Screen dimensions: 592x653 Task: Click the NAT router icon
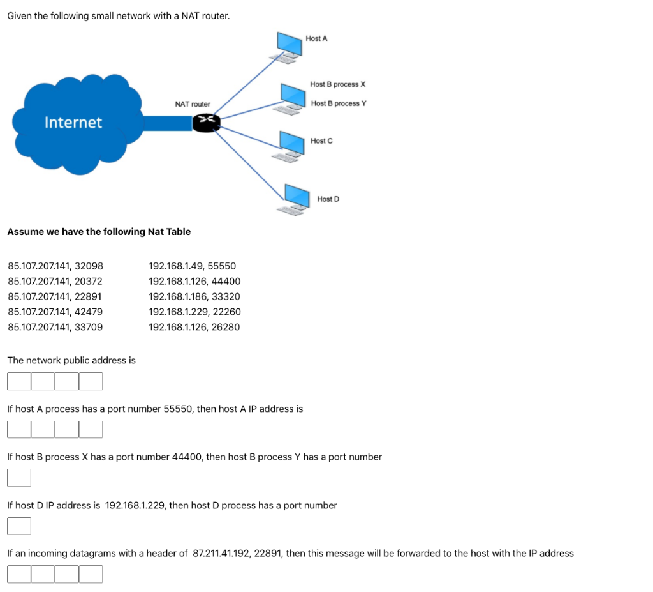(x=206, y=122)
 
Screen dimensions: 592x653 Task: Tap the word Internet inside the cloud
(x=73, y=122)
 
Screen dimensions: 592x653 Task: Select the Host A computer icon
(x=289, y=46)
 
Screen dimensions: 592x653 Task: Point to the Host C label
(x=321, y=140)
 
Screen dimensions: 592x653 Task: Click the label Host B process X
(x=337, y=84)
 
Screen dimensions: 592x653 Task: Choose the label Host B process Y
(x=339, y=103)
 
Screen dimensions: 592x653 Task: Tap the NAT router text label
(x=193, y=103)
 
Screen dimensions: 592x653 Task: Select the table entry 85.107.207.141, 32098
(x=55, y=266)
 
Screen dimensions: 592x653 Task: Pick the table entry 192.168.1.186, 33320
(x=194, y=296)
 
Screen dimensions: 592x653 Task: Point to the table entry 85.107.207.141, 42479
(x=55, y=312)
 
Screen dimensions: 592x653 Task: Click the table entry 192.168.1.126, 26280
(x=194, y=327)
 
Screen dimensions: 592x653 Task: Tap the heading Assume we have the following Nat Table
(x=99, y=232)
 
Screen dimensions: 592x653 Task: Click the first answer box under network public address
(x=19, y=381)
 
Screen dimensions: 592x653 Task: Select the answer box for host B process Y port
(x=19, y=478)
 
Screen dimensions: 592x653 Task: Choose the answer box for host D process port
(x=19, y=526)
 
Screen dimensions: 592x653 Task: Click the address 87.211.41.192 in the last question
(x=221, y=554)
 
